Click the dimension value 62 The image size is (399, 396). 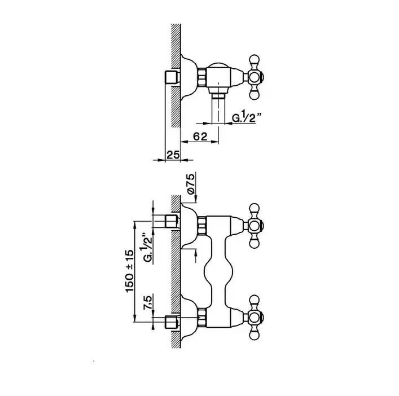[200, 137]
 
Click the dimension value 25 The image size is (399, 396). [173, 155]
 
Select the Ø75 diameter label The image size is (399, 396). [191, 184]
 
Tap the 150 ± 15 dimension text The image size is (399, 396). [129, 271]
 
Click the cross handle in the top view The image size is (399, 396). [255, 77]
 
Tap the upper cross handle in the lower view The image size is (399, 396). [255, 225]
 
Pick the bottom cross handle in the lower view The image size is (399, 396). [255, 318]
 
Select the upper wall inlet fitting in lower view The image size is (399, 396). [173, 221]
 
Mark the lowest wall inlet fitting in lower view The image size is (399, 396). [173, 322]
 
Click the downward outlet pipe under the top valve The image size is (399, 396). [218, 108]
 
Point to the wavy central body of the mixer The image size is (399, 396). [218, 272]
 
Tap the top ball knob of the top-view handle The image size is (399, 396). [255, 60]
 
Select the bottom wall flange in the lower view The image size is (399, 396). [189, 318]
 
